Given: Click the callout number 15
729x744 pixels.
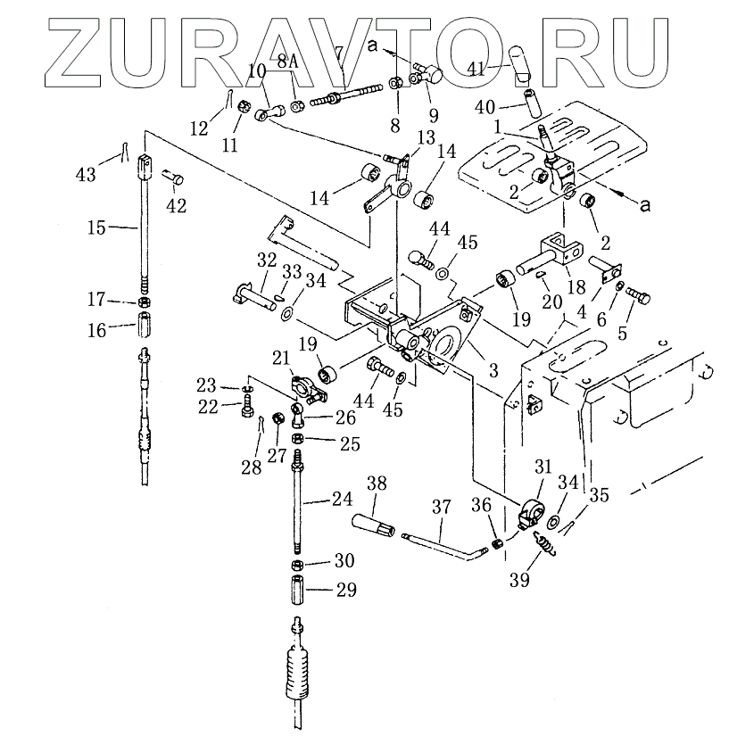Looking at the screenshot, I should [x=97, y=228].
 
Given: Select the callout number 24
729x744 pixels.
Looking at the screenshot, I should [x=341, y=501].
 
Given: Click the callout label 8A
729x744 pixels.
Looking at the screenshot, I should [x=287, y=62].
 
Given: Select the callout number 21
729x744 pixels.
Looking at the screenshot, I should [x=282, y=358].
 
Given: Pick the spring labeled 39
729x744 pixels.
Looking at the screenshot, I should [x=543, y=541].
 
